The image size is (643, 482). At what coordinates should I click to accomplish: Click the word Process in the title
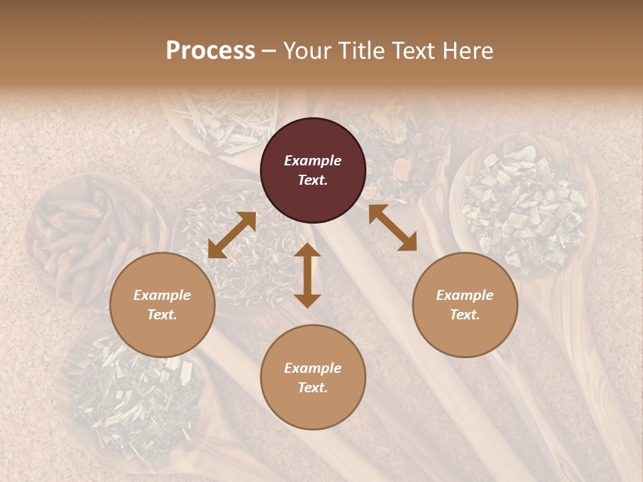coord(210,51)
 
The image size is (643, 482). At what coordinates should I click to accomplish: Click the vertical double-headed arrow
coord(307,275)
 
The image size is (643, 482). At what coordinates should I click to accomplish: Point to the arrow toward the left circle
coord(232,235)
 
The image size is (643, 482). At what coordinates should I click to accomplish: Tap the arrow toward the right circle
coord(392,228)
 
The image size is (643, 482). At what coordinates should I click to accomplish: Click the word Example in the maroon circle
coord(313,161)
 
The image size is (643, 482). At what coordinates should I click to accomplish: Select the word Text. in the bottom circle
coord(313,388)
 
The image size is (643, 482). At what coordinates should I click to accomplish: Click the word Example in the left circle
coord(162,295)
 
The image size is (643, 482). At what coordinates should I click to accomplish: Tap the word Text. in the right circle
coord(465,315)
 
